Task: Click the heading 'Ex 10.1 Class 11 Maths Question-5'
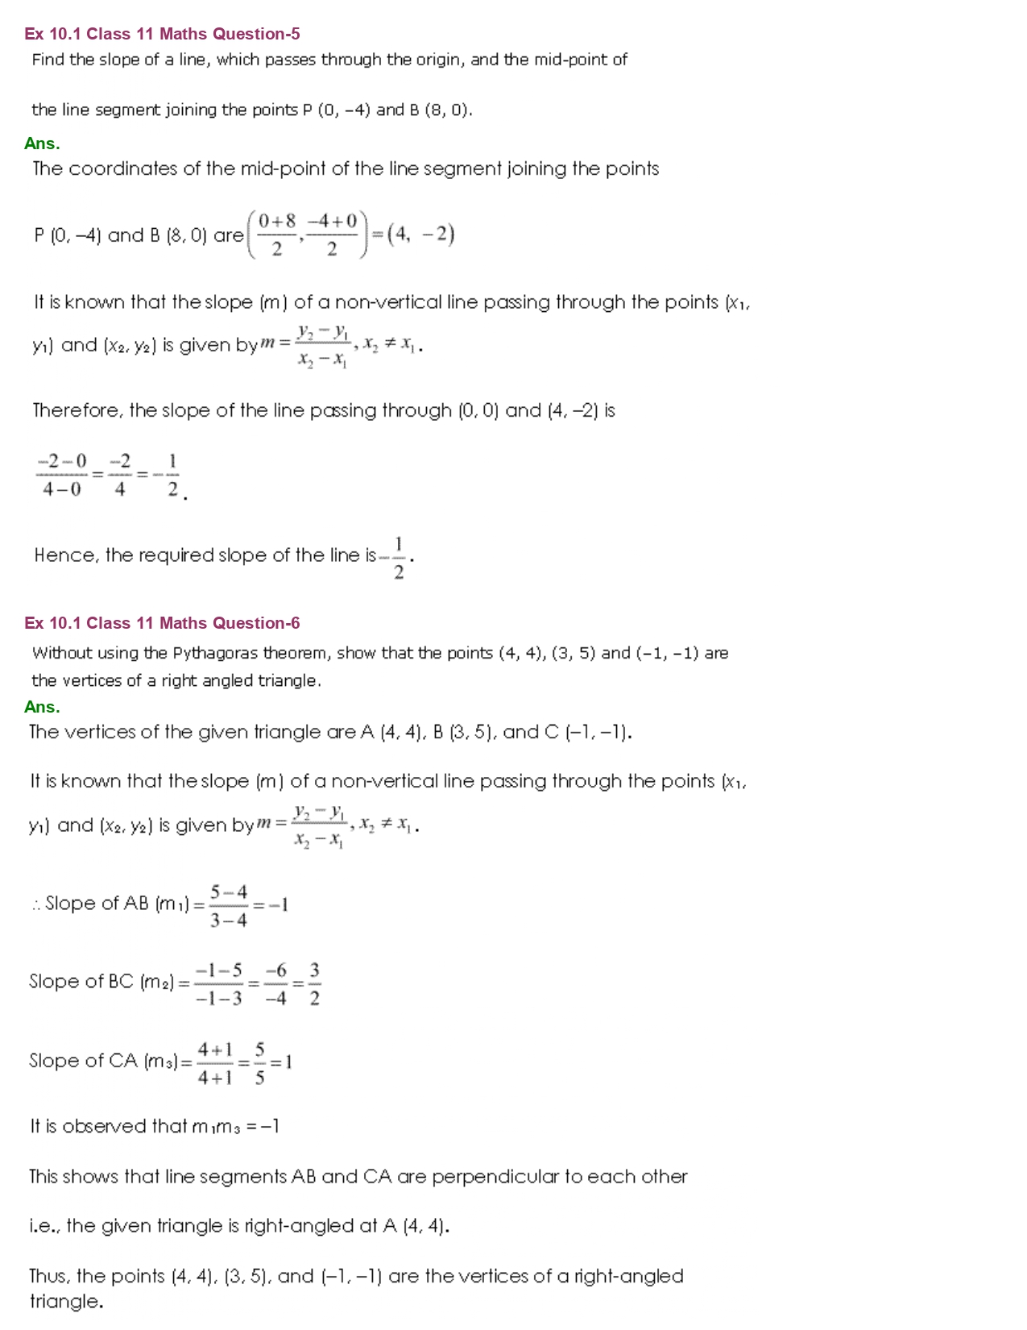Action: tap(162, 34)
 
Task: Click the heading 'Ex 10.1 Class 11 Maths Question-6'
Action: tap(162, 623)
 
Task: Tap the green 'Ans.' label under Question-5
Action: tap(42, 143)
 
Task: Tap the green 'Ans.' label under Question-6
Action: tap(42, 707)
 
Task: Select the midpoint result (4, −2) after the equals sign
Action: tap(421, 235)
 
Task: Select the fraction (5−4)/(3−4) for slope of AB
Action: tap(229, 905)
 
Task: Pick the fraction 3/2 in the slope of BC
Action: tap(314, 983)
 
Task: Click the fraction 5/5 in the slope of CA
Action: tap(259, 1063)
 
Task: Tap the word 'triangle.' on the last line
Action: tap(66, 1302)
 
